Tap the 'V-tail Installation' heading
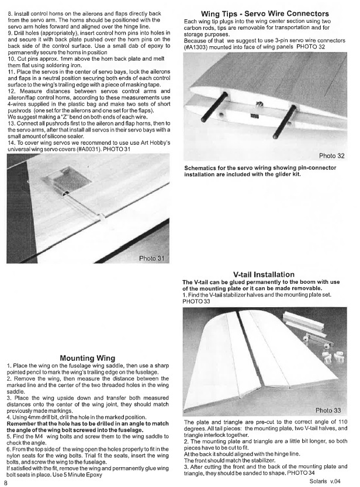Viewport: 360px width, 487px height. (264, 274)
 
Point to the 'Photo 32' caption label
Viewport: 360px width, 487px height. (332, 155)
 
